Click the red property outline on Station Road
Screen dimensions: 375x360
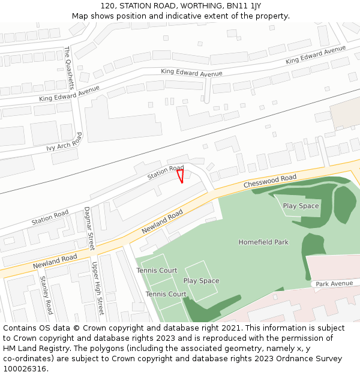(x=180, y=176)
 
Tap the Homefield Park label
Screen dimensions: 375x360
(x=263, y=242)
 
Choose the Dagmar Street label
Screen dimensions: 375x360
(x=89, y=229)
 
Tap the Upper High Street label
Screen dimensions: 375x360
(x=97, y=288)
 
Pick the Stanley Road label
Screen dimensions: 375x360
(x=46, y=295)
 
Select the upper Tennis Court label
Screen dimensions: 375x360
(x=157, y=271)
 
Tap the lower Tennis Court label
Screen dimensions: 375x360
(x=166, y=294)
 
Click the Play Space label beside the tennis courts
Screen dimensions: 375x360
(x=201, y=281)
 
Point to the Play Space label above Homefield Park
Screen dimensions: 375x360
(x=301, y=206)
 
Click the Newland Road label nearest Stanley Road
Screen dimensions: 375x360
(x=55, y=261)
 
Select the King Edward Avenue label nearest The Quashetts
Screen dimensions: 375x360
(x=69, y=94)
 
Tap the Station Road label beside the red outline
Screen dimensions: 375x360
(x=166, y=173)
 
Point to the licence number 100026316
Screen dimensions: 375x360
(x=24, y=368)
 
